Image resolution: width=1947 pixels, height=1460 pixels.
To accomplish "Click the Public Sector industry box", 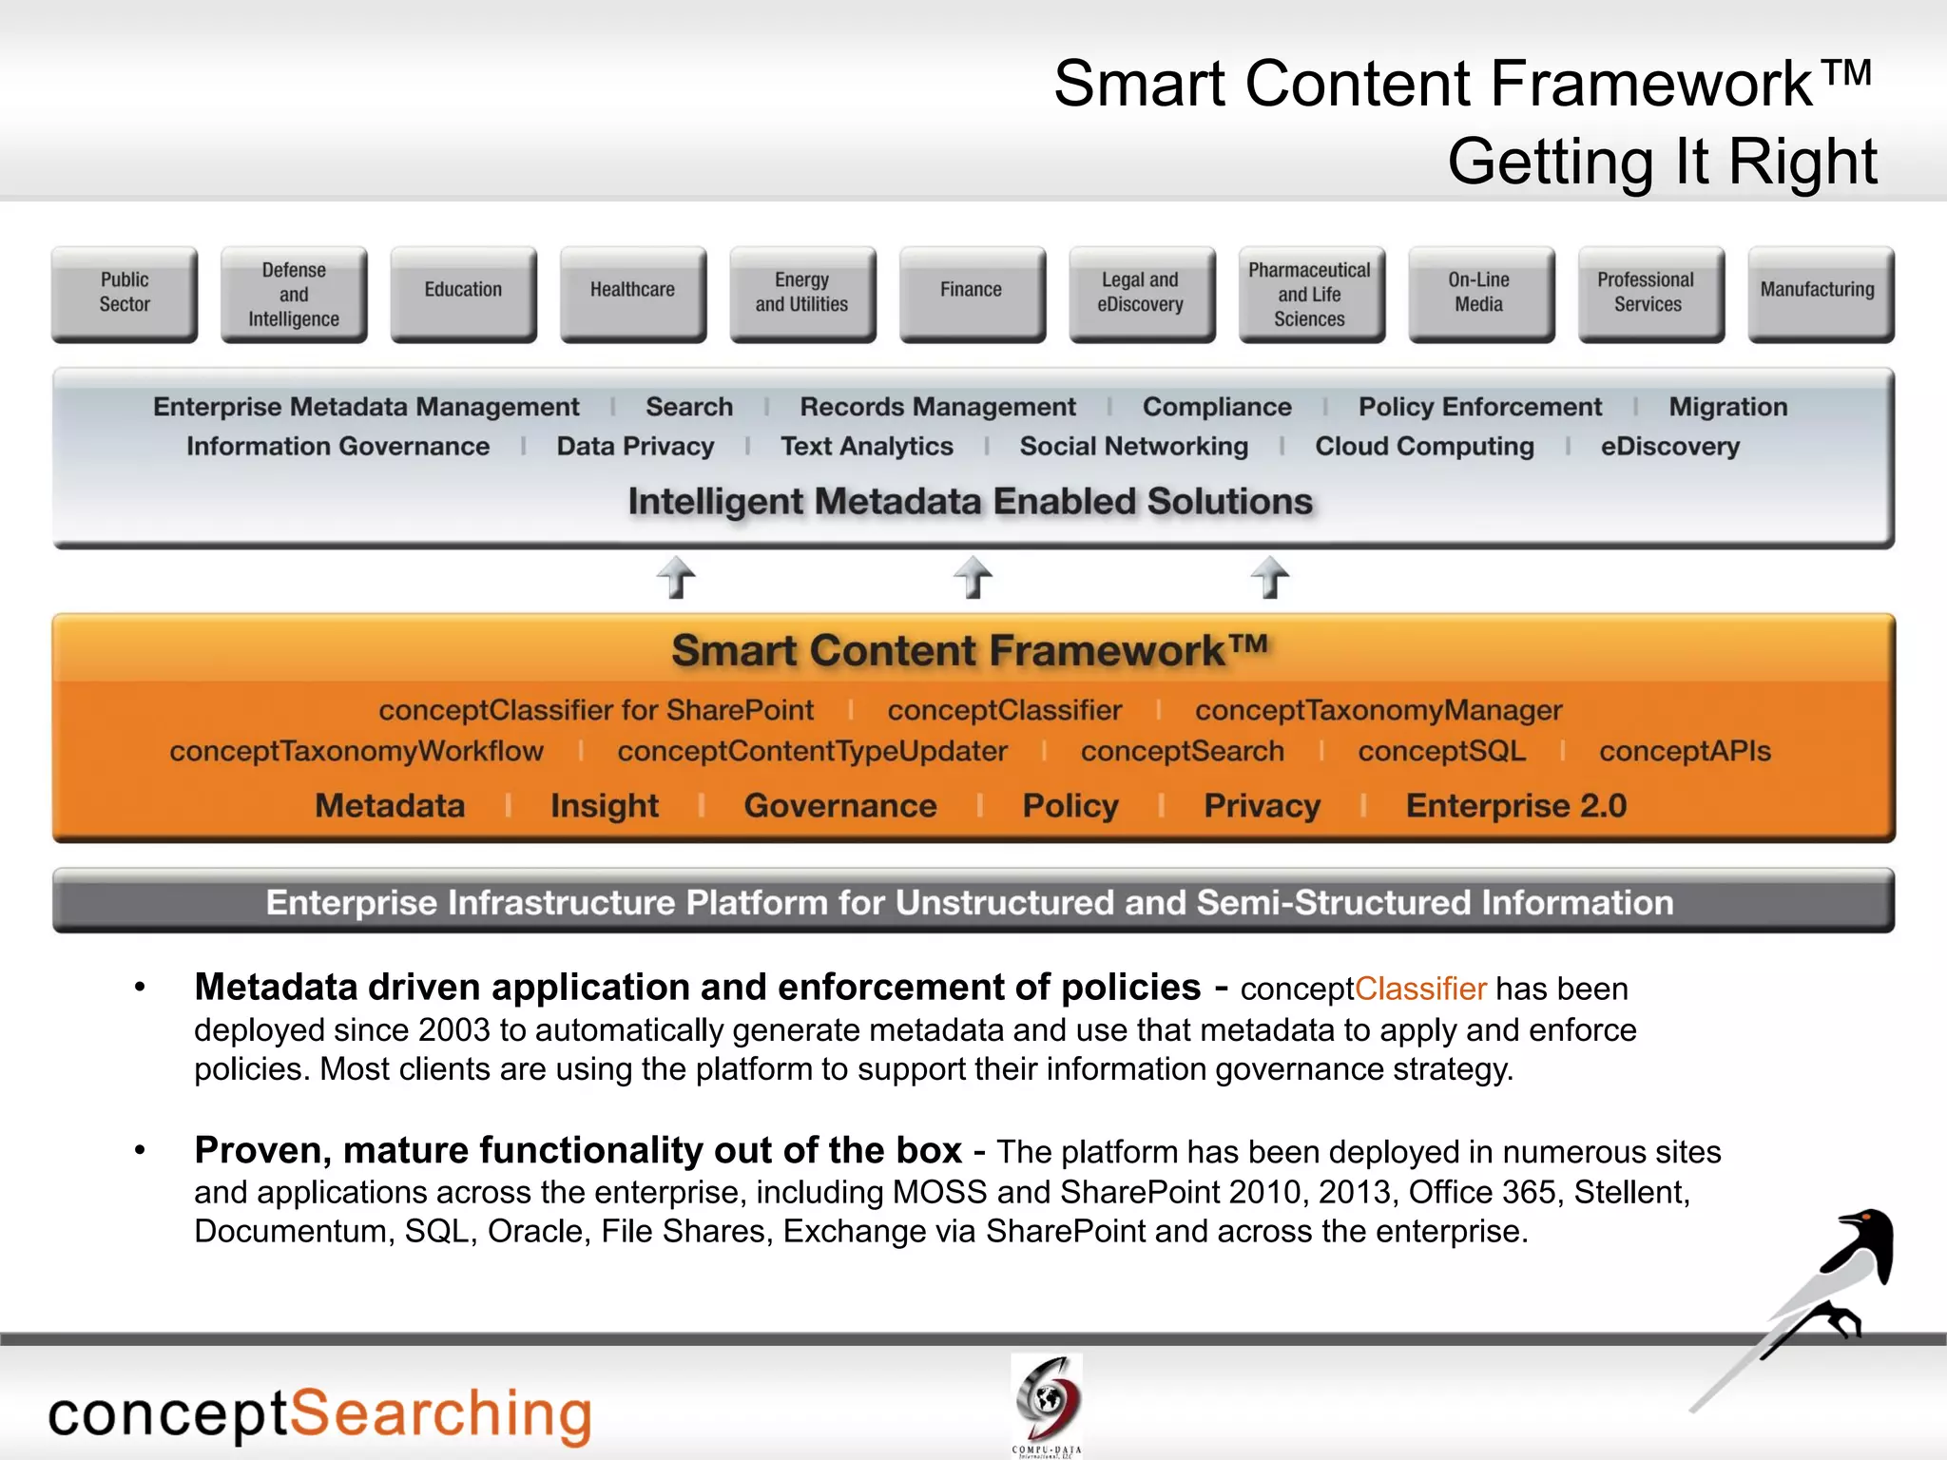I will pyautogui.click(x=125, y=293).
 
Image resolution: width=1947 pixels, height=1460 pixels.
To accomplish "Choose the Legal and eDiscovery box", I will pyautogui.click(x=1141, y=293).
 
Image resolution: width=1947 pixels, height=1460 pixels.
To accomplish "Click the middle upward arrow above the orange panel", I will pyautogui.click(x=973, y=577).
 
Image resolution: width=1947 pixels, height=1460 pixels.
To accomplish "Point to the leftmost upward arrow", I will pyautogui.click(x=676, y=577).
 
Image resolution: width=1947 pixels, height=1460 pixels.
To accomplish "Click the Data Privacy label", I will pyautogui.click(x=635, y=447).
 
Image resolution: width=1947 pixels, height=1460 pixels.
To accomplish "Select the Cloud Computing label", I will pyautogui.click(x=1424, y=447).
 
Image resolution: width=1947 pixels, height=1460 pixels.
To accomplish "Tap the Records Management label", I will pyautogui.click(x=937, y=407).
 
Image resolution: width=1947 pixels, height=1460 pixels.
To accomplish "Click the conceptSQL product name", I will pyautogui.click(x=1441, y=751).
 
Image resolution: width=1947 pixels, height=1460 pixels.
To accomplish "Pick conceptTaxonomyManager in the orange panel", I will pyautogui.click(x=1378, y=710).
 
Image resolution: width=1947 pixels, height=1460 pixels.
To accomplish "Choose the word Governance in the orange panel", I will pyautogui.click(x=840, y=806).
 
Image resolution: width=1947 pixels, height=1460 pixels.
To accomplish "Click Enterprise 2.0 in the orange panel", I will pyautogui.click(x=1516, y=806).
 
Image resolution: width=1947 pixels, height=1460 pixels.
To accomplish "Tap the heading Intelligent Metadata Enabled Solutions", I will pyautogui.click(x=970, y=502).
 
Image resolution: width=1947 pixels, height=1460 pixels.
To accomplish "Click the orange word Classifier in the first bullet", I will pyautogui.click(x=1420, y=989).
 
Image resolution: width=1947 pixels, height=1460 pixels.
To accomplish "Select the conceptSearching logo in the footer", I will pyautogui.click(x=319, y=1414).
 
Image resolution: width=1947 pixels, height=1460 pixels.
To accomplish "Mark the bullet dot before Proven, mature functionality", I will pyautogui.click(x=141, y=1150).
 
